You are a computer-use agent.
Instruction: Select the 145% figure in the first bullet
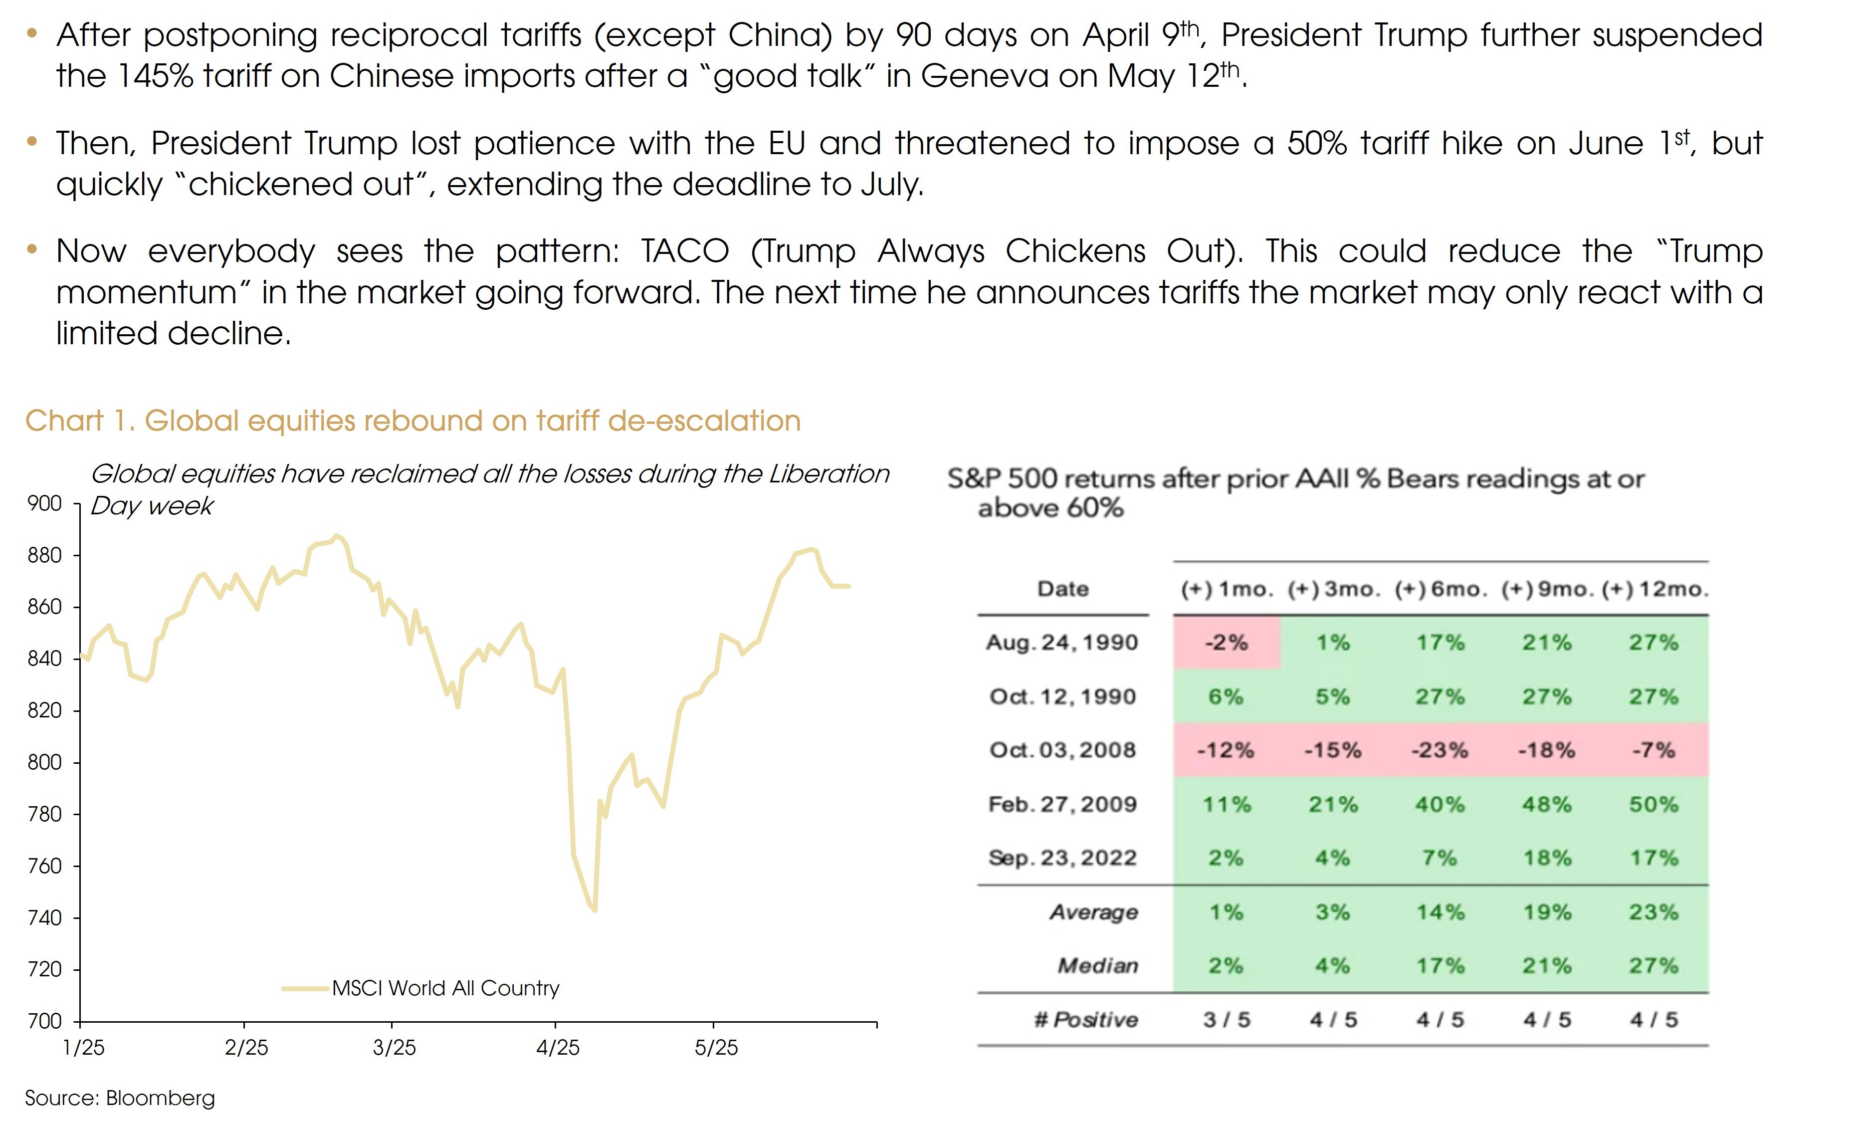(x=156, y=76)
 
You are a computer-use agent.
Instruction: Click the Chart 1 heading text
(x=412, y=421)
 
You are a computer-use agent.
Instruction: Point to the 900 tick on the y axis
(x=44, y=503)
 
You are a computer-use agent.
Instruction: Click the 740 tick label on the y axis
(x=44, y=917)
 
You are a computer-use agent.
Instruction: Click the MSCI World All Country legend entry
(x=445, y=988)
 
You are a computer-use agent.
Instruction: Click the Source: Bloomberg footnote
(x=120, y=1098)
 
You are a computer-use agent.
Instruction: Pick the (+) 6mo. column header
(x=1440, y=589)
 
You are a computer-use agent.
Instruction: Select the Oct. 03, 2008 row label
(x=1062, y=750)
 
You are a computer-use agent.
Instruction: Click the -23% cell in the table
(x=1440, y=750)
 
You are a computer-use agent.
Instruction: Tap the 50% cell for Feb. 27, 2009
(x=1653, y=804)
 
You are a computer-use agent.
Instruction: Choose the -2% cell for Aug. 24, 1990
(x=1226, y=643)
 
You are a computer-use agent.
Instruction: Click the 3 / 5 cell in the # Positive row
(x=1226, y=1020)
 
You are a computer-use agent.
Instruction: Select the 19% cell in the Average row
(x=1547, y=912)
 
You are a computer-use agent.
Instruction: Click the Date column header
(x=1063, y=589)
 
